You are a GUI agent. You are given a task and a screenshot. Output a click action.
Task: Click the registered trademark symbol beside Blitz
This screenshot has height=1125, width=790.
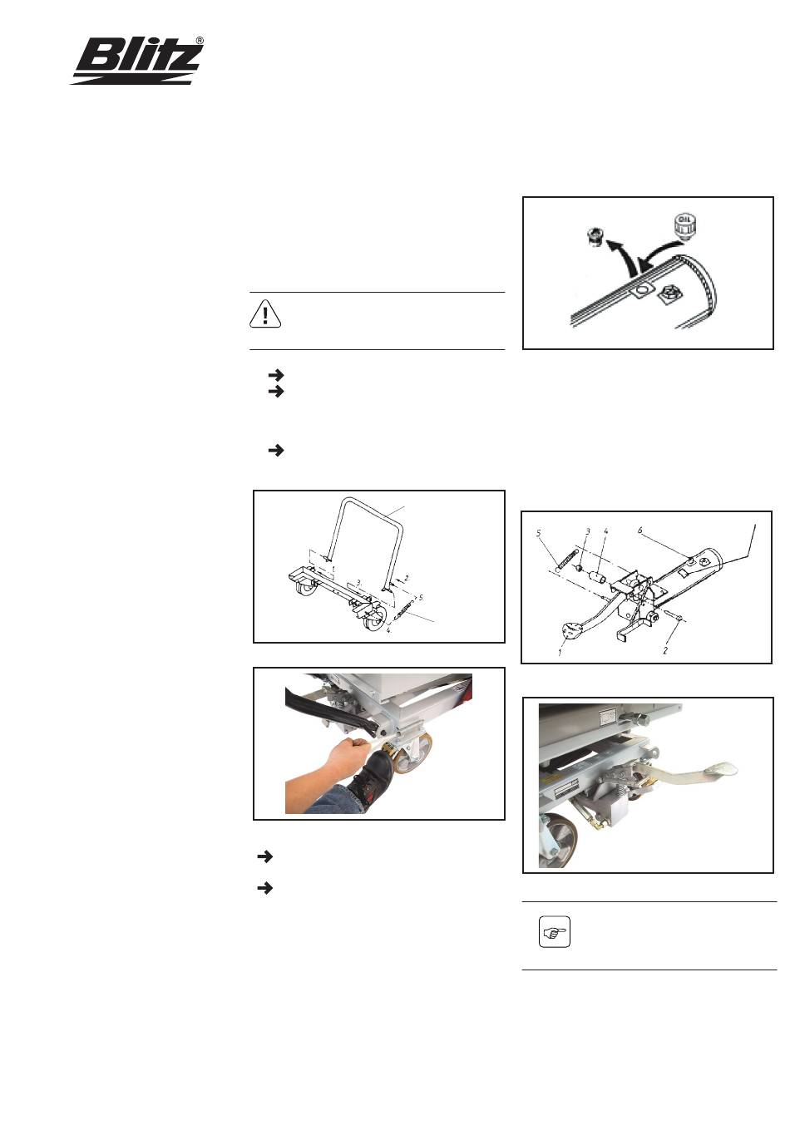pos(200,41)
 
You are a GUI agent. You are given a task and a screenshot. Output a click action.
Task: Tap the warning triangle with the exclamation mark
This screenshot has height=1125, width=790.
pos(264,314)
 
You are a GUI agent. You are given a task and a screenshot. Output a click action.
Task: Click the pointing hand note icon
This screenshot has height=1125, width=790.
pos(554,932)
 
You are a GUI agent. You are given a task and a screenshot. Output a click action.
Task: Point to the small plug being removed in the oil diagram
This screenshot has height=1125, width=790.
pos(595,237)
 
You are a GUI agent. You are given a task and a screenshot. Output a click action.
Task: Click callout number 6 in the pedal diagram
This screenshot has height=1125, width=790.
pos(639,530)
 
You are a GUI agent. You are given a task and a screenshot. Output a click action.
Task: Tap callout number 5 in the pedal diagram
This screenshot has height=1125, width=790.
pos(540,533)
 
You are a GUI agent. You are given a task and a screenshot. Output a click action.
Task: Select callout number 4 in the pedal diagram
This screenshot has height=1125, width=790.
pos(605,530)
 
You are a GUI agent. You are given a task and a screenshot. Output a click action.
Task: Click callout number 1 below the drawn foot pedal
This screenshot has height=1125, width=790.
pos(560,653)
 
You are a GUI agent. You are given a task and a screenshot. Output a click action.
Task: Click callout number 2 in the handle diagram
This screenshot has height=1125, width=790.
pos(407,578)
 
